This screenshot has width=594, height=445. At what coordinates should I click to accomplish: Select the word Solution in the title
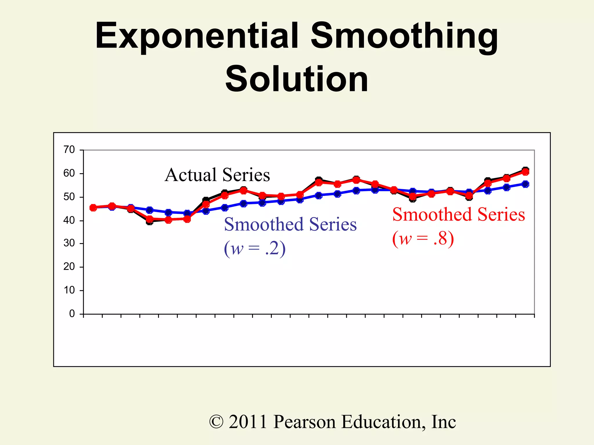(297, 79)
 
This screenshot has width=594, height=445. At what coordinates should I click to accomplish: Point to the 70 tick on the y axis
(69, 150)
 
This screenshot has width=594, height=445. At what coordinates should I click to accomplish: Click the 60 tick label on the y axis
(69, 173)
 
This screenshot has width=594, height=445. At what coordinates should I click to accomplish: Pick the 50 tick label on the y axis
(69, 197)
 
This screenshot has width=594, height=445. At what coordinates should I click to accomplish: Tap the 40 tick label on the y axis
(69, 220)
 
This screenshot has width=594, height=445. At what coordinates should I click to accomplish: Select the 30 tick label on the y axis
(69, 243)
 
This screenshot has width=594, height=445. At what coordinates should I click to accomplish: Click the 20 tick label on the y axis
(69, 267)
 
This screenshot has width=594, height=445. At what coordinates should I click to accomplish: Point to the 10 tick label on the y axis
(69, 290)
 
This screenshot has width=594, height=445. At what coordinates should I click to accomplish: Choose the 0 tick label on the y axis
(72, 313)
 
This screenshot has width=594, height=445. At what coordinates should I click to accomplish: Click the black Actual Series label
(217, 175)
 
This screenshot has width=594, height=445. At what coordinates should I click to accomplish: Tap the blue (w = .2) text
(255, 249)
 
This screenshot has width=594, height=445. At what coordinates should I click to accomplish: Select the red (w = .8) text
(423, 239)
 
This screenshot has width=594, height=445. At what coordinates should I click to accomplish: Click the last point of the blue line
(525, 184)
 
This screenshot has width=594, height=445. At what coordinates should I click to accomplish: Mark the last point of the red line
(525, 172)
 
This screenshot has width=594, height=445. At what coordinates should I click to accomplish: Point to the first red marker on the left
(93, 207)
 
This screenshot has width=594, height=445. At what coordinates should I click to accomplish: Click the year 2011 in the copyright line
(248, 422)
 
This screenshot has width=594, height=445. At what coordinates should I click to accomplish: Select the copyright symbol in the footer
(216, 422)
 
